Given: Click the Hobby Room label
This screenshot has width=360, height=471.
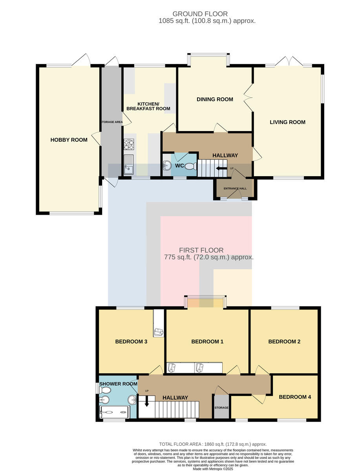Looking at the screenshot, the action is coord(69,140).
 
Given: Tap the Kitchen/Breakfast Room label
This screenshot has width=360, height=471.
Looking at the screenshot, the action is coord(148,106).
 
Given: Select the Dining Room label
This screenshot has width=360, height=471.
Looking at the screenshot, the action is coord(215,99).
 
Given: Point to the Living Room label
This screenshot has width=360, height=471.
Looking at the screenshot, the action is coord(287,122).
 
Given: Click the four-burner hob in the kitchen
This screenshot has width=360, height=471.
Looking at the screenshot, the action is coord(129,144).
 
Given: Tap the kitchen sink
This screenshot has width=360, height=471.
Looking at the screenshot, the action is coord(128,164).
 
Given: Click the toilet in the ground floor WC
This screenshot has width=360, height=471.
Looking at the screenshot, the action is coord(191,166).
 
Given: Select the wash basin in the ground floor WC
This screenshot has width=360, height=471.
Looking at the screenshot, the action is coord(166,166).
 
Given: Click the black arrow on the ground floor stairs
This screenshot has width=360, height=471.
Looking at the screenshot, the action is coord(221,168).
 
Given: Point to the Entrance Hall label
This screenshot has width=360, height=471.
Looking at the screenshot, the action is coord(235,188).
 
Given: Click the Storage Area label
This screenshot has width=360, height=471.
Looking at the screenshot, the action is coord(112,122).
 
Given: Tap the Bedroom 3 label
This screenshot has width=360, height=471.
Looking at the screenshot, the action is coord(131,341).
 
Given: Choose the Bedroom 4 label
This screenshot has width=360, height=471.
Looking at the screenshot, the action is coord(295,397).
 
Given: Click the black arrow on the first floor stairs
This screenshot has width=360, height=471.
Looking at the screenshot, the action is coord(147,401).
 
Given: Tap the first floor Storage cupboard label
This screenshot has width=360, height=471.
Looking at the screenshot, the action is coord(221,407).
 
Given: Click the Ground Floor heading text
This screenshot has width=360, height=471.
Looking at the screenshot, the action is coord(200,14).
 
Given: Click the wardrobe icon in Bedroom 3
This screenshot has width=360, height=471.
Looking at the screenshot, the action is coord(159,332).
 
